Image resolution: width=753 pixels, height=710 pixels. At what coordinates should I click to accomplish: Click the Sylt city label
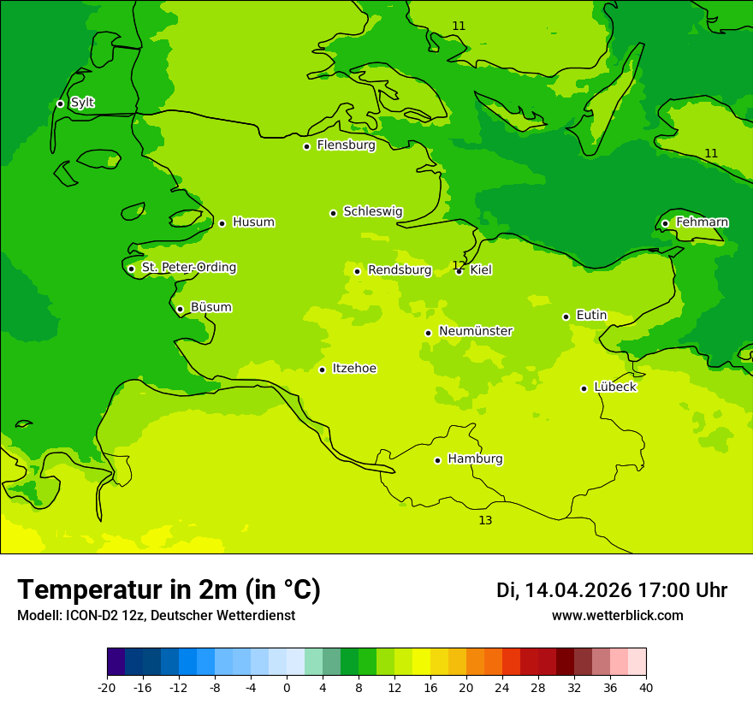(x=82, y=103)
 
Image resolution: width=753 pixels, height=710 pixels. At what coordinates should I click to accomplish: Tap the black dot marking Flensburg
(x=306, y=146)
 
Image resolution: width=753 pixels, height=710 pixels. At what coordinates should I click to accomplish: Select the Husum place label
(x=253, y=222)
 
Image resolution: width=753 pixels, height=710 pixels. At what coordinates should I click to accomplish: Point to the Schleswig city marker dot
(x=333, y=213)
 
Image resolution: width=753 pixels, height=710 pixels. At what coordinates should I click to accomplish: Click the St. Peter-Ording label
(x=188, y=268)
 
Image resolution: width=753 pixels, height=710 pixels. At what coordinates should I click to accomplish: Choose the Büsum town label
(x=210, y=308)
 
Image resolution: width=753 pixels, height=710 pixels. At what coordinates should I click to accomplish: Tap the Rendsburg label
(x=400, y=270)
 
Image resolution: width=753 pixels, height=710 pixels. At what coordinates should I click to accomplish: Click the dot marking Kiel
(x=459, y=271)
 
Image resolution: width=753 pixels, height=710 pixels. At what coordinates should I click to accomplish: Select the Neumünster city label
(x=476, y=331)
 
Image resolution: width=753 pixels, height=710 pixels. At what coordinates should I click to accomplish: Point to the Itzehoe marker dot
(x=322, y=370)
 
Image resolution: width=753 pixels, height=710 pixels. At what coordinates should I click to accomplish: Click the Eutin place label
(x=591, y=316)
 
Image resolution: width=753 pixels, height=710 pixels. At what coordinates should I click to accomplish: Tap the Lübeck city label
(x=614, y=388)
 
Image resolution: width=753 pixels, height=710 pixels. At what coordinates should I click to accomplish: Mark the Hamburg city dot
(x=437, y=460)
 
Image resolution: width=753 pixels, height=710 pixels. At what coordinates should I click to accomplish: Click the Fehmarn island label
(x=702, y=222)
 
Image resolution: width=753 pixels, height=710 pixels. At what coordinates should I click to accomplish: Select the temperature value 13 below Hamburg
(x=485, y=520)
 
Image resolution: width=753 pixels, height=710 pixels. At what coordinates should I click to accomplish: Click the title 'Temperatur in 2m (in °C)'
(x=169, y=590)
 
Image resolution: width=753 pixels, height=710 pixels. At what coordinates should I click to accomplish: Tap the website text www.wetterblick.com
(x=617, y=616)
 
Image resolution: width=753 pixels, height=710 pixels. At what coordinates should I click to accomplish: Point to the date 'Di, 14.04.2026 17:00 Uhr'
(x=611, y=590)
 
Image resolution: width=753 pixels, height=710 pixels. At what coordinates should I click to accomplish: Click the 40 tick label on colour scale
(x=645, y=688)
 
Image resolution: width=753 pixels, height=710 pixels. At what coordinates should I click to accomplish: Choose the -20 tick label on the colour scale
(x=107, y=688)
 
